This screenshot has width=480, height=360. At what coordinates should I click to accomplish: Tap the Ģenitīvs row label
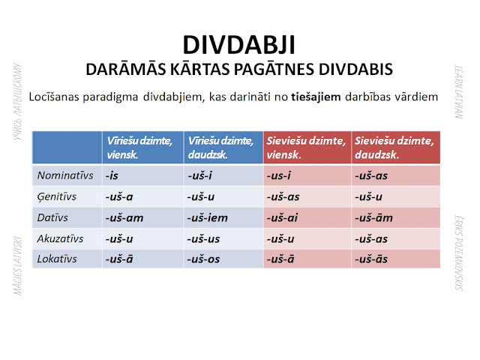pyautogui.click(x=60, y=197)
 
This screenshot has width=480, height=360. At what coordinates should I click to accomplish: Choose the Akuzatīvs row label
pyautogui.click(x=62, y=239)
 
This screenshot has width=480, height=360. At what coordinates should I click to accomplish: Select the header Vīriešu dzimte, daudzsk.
pyautogui.click(x=223, y=147)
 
